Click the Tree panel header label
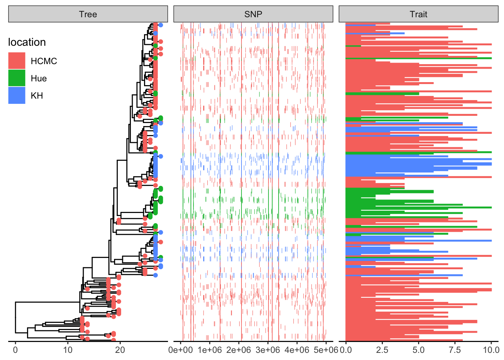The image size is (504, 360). (x=88, y=14)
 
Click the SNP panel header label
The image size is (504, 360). (x=253, y=14)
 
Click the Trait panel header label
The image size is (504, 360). (x=418, y=14)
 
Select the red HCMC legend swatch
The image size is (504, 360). (x=17, y=61)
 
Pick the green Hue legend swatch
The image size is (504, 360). (x=17, y=78)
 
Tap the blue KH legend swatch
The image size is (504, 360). (x=17, y=95)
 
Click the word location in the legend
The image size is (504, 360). (x=27, y=42)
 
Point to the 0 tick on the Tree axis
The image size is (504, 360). (x=15, y=350)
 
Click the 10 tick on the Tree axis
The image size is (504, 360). (x=68, y=350)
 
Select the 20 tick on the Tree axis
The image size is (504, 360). (x=120, y=350)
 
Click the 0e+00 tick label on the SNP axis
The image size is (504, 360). (x=180, y=350)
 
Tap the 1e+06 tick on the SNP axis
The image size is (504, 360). (x=210, y=350)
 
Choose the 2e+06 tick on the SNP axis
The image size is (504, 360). (x=239, y=350)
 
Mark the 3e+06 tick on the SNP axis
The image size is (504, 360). (x=268, y=350)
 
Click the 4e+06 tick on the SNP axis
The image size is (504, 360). (x=297, y=350)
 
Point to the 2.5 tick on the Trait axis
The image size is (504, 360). (x=382, y=350)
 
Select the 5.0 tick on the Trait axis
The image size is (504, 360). (x=418, y=350)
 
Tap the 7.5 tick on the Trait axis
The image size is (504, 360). (x=455, y=350)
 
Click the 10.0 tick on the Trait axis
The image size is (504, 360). (x=491, y=350)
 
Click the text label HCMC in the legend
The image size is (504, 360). (x=44, y=61)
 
